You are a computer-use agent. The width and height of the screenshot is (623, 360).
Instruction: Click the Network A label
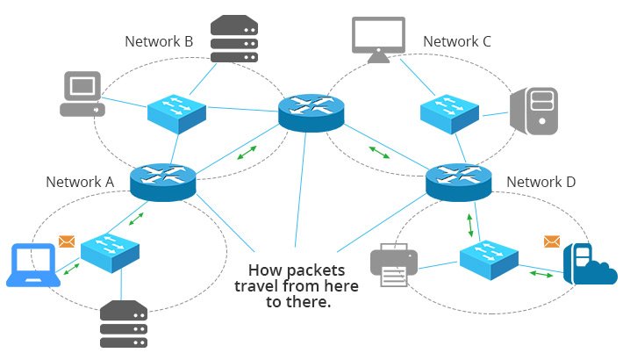[x=80, y=182]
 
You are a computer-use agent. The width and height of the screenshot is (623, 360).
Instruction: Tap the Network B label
[x=159, y=40]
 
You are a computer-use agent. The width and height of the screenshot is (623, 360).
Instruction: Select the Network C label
[x=457, y=40]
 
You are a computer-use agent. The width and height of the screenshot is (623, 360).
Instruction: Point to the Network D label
[x=541, y=182]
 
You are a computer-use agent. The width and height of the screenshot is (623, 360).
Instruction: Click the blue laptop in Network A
[x=32, y=266]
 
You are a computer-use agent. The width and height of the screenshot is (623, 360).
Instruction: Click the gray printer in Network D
[x=394, y=264]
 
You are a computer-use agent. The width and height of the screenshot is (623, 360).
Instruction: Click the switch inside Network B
[x=176, y=111]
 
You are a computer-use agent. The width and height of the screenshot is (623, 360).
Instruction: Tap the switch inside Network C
[x=448, y=111]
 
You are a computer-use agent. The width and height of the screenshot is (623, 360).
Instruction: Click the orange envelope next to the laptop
[x=67, y=241]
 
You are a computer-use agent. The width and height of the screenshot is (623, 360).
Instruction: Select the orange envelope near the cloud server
[x=551, y=241]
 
